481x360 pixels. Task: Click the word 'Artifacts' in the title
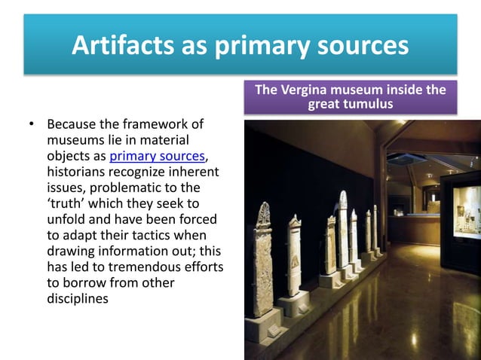point(113,46)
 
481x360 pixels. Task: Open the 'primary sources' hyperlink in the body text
point(157,157)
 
